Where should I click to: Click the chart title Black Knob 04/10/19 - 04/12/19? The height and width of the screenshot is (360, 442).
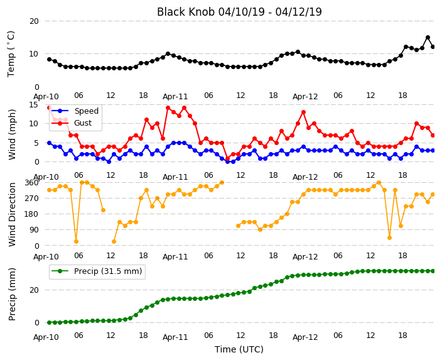239,12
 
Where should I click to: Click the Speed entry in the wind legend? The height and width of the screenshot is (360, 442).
86,111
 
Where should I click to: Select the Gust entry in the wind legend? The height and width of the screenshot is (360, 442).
83,123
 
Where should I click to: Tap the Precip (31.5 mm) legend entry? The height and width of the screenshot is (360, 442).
108,271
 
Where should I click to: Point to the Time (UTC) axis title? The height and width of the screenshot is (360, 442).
239,349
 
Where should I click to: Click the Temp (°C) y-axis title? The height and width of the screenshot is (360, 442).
11,54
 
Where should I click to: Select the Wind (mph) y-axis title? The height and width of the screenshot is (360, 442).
12,134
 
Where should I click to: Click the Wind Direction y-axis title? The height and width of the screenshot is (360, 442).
12,214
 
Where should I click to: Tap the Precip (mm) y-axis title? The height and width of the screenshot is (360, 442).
12,294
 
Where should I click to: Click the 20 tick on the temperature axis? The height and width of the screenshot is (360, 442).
34,21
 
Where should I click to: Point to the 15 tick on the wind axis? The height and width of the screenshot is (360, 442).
34,105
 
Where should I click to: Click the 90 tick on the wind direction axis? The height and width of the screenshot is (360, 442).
34,230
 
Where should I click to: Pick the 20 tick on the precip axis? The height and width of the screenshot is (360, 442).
34,290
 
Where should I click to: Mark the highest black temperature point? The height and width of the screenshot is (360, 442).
428,38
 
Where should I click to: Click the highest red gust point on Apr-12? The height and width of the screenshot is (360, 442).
303,112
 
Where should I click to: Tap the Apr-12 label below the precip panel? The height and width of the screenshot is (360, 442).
305,337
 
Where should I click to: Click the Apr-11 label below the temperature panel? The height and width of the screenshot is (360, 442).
175,97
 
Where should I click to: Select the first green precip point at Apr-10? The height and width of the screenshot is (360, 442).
50,322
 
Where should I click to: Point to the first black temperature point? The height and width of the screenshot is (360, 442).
50,59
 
